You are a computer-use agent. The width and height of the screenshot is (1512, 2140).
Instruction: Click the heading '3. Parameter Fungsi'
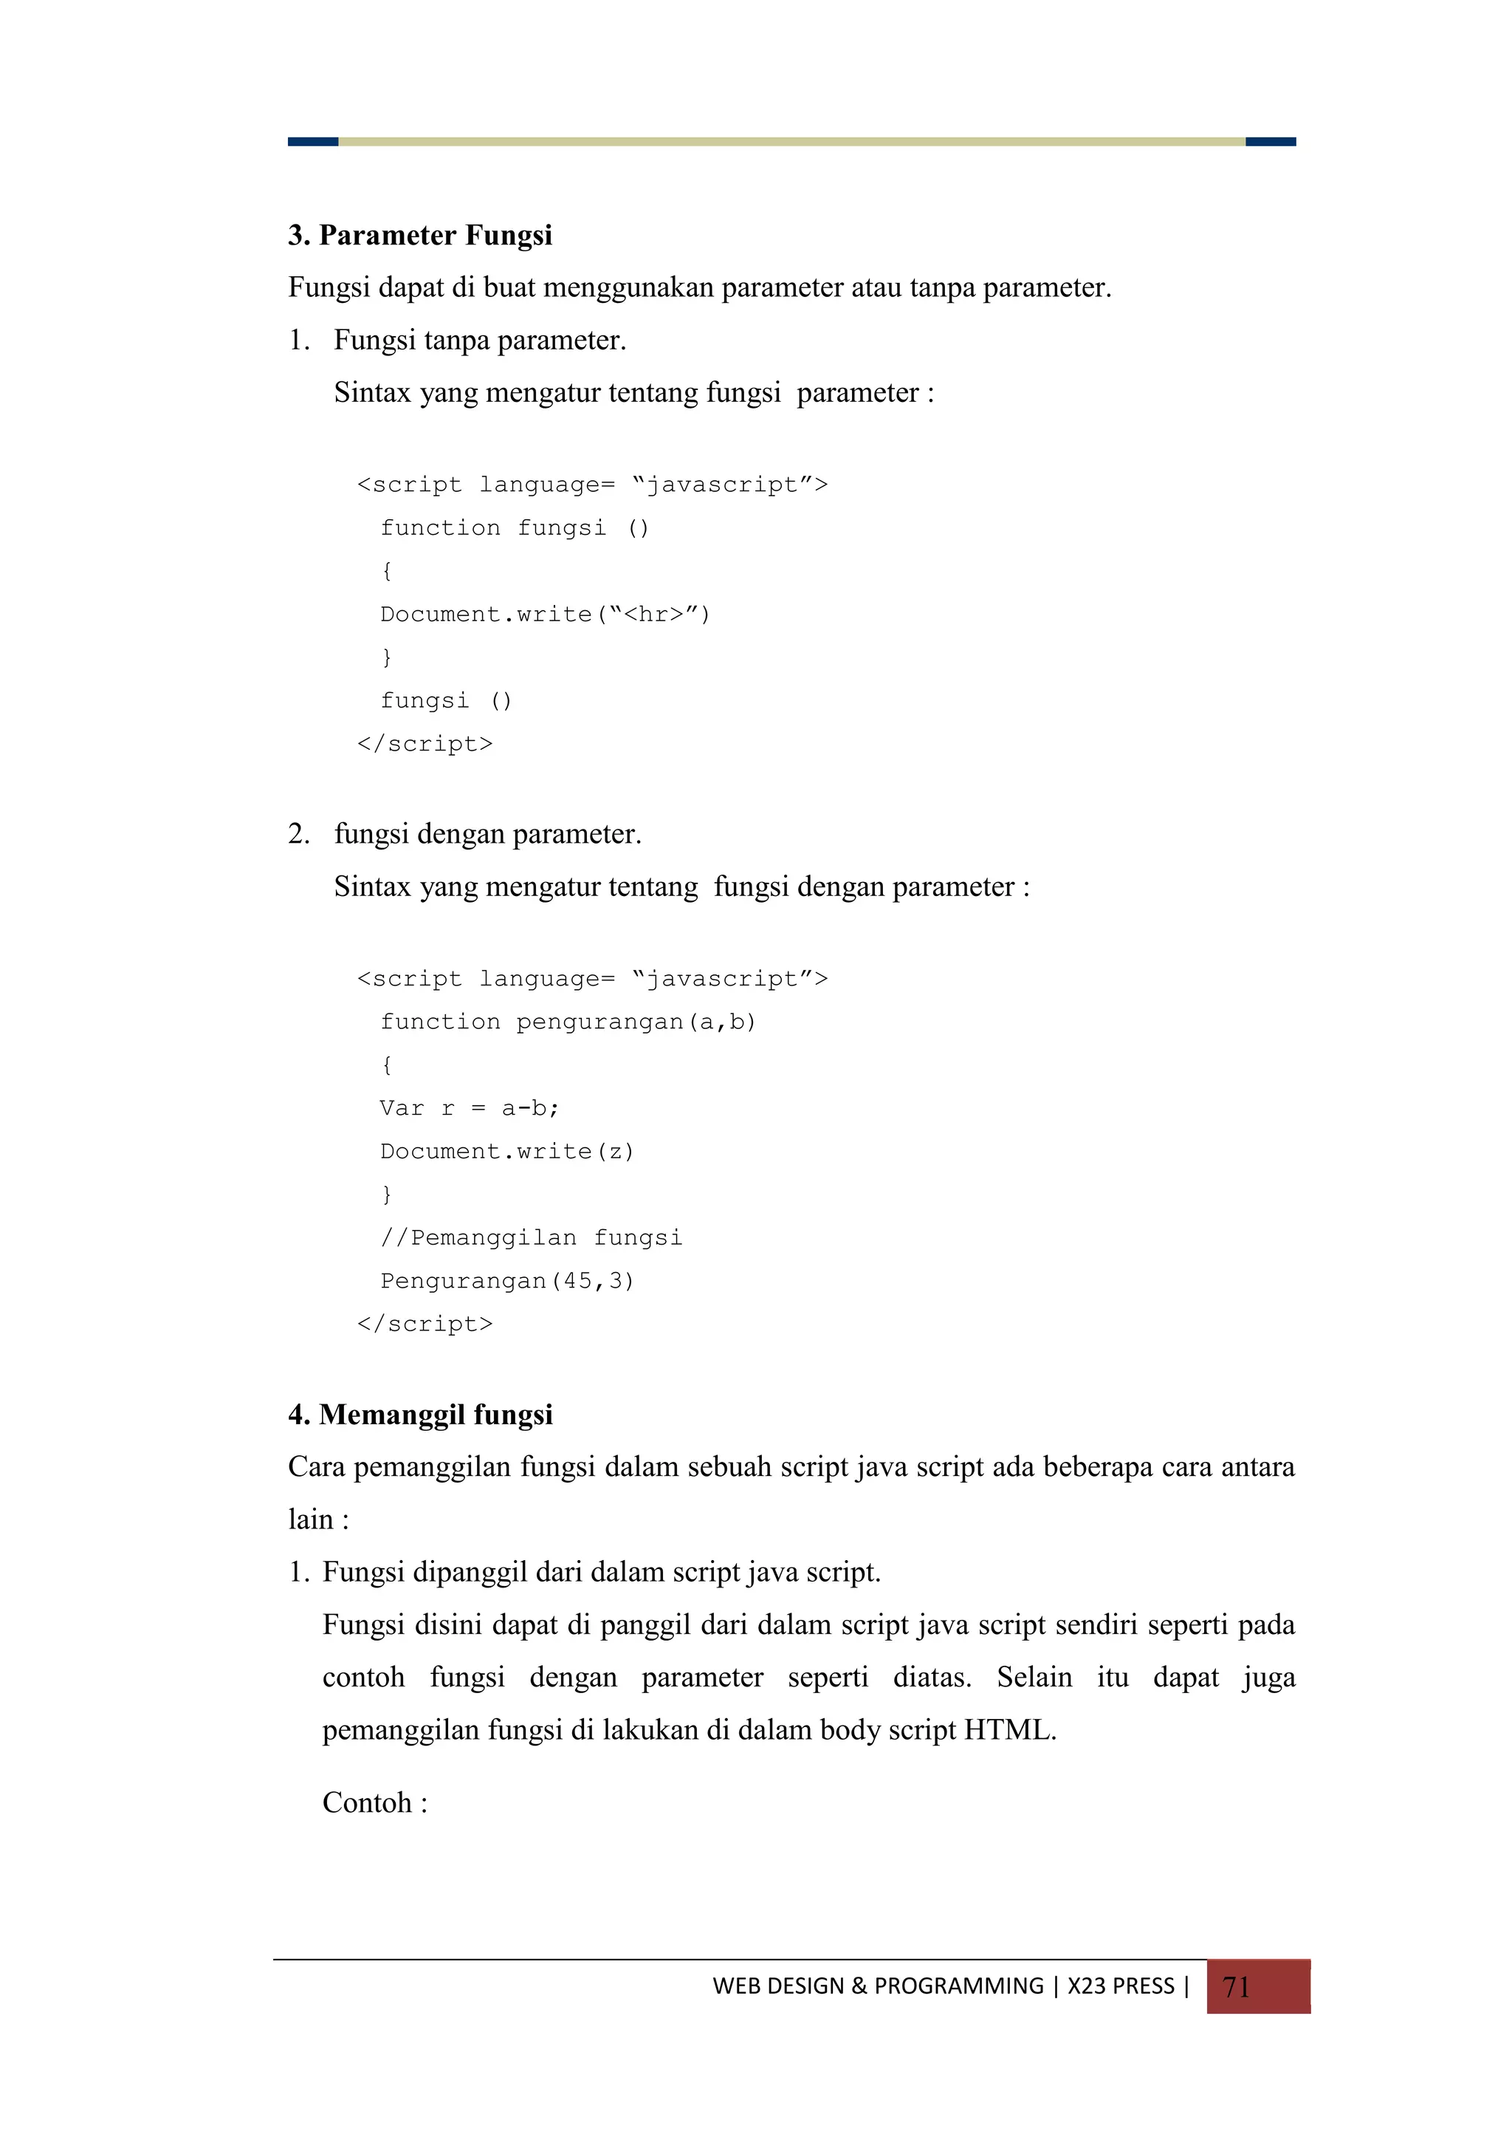pos(419,235)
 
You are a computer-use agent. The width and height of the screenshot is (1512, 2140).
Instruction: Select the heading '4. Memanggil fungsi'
pos(420,1414)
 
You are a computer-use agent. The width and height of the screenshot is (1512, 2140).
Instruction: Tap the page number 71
pos(1235,1987)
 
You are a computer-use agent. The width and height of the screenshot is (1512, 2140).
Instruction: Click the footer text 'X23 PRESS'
pos(1121,1986)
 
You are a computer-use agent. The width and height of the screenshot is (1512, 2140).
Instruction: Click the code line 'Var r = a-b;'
pos(469,1108)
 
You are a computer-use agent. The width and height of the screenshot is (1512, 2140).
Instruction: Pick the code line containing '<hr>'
pos(545,614)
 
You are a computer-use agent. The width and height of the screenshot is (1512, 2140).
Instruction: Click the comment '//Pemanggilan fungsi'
pos(531,1238)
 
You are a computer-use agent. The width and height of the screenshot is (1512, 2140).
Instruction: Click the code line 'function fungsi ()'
pos(515,528)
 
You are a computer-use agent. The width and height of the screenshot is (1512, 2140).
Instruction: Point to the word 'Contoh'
pos(367,1802)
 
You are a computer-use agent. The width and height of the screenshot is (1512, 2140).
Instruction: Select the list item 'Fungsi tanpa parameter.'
pos(480,341)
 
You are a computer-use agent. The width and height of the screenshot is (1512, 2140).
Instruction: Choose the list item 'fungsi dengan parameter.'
pos(487,833)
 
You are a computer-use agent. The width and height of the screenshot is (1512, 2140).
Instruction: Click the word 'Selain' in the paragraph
pos(1034,1678)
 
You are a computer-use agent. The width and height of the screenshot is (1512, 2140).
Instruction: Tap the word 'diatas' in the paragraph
pos(929,1678)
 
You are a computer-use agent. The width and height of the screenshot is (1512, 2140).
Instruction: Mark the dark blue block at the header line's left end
pos(313,142)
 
